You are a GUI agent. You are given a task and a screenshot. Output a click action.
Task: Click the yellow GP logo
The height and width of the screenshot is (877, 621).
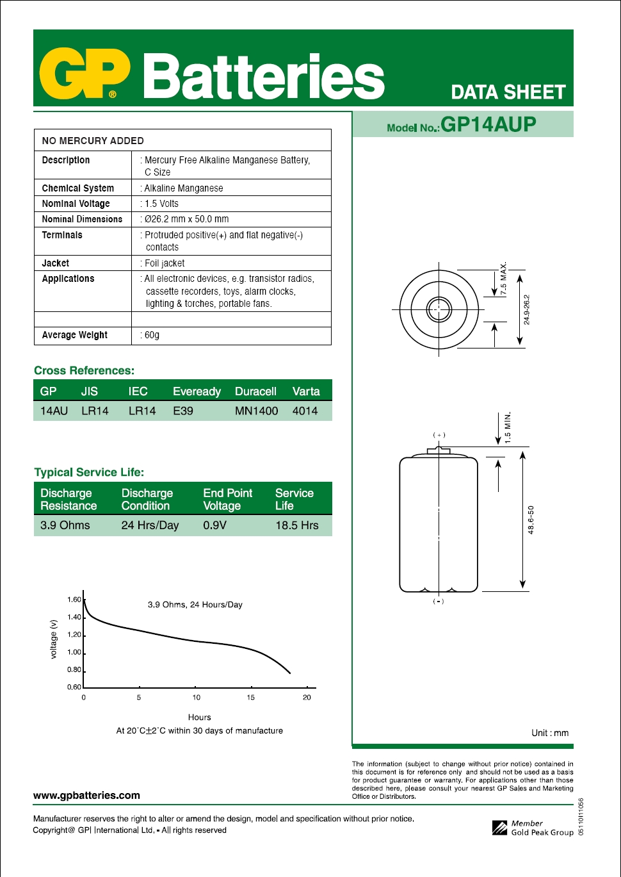[85, 74]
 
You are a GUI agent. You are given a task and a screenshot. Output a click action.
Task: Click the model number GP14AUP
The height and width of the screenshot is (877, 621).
[488, 124]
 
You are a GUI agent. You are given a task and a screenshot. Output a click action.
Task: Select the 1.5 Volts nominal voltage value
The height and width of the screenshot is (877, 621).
[161, 204]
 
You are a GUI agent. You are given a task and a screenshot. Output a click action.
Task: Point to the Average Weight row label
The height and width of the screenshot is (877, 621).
[74, 335]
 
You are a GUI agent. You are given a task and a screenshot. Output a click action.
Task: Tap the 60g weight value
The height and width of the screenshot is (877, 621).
[152, 335]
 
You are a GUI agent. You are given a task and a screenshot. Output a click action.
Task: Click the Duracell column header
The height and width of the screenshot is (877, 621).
[255, 391]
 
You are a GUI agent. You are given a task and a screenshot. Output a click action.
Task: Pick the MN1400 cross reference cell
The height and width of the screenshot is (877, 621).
[256, 411]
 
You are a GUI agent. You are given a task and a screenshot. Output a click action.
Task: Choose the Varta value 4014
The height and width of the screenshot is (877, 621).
[305, 411]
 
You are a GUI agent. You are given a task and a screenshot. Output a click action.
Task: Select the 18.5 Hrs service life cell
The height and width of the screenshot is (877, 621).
[296, 525]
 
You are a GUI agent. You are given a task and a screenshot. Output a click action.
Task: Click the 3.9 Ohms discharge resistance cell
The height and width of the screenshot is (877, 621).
[65, 525]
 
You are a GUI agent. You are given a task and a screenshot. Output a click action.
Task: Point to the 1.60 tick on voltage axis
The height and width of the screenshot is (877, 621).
[74, 600]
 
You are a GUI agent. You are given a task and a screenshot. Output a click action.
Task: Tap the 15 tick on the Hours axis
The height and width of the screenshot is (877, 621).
[250, 697]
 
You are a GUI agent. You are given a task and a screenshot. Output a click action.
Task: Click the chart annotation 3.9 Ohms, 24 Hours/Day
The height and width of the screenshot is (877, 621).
[195, 605]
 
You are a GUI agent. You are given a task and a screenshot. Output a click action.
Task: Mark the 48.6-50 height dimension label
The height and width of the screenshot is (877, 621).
[531, 520]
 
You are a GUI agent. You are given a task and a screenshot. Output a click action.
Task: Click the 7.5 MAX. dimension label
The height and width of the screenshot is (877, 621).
[503, 279]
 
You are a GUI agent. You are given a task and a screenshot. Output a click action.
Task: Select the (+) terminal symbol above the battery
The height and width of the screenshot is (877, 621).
[439, 435]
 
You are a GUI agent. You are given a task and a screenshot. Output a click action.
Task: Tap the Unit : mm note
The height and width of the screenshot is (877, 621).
[549, 733]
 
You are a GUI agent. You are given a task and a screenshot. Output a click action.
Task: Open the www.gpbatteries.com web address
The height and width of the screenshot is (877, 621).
[86, 795]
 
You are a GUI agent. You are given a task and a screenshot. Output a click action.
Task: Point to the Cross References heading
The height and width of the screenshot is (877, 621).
[84, 370]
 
